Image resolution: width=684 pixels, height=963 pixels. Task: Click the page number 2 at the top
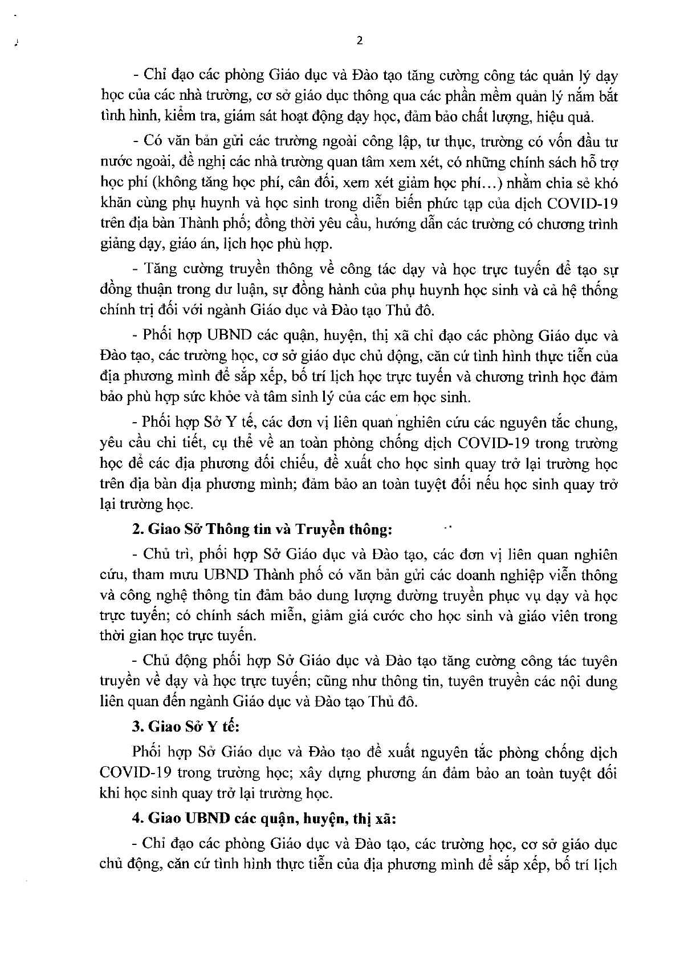coord(359,41)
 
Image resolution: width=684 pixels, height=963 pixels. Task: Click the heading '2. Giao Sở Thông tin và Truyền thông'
coord(262,529)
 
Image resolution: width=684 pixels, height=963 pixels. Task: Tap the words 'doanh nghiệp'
coord(488,575)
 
